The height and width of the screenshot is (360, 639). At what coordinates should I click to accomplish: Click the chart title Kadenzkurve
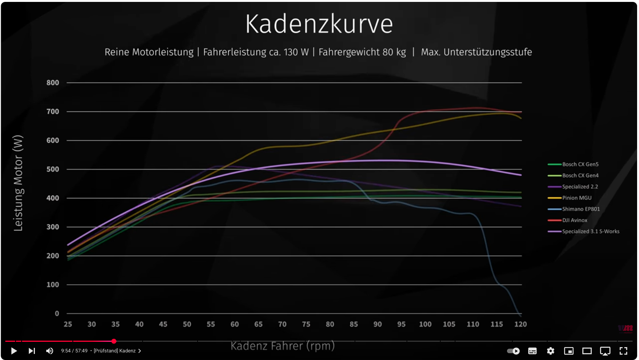(319, 24)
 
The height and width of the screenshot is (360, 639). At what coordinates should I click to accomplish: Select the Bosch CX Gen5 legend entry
(580, 164)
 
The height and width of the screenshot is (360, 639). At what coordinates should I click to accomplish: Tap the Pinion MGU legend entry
(576, 198)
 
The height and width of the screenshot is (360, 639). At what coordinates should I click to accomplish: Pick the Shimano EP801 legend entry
(581, 209)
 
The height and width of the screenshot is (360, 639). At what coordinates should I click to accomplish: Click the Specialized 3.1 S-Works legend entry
(590, 231)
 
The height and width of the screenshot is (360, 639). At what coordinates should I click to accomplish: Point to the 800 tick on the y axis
(53, 83)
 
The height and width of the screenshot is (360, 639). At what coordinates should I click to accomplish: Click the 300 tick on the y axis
(53, 227)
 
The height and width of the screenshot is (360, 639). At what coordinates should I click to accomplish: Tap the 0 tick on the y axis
(57, 313)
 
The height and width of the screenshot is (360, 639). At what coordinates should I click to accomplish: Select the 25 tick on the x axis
(68, 324)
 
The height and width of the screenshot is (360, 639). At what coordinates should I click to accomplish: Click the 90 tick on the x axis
(377, 324)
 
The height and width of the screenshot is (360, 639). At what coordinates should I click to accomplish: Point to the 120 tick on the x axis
(520, 324)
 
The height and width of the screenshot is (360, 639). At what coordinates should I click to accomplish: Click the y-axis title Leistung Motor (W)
(18, 183)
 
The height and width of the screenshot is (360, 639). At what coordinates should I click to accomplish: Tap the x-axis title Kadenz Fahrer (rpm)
(283, 346)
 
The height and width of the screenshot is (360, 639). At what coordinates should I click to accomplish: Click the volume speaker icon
(50, 351)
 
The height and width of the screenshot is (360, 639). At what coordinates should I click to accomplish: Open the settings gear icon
(551, 351)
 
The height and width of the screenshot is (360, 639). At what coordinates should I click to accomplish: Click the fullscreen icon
(623, 351)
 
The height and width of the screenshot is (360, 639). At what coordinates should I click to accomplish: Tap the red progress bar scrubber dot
(114, 341)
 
